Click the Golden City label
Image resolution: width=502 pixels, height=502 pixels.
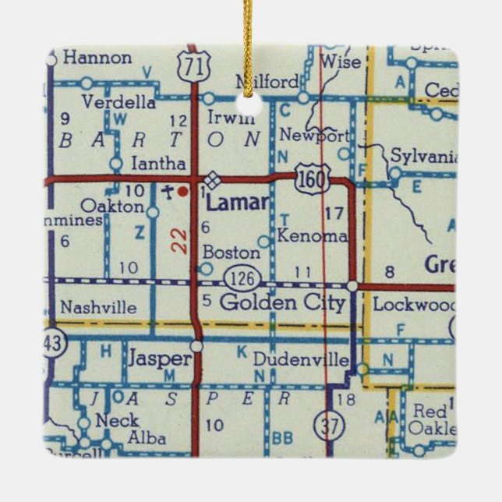(282, 303)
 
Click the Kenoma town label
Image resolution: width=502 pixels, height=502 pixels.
(311, 235)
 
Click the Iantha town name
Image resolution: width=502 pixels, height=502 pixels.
(159, 164)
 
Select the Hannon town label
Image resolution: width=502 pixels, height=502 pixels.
(97, 58)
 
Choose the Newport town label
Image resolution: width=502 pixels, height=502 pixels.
(314, 135)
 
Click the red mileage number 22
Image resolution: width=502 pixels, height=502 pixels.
(180, 240)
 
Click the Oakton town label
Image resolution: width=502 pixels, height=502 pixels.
(112, 207)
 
